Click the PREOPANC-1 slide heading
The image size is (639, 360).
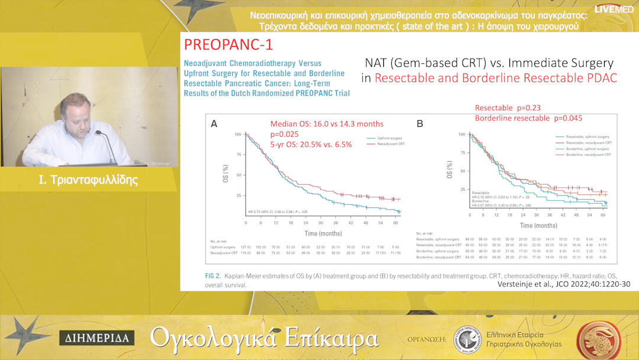pos(228,45)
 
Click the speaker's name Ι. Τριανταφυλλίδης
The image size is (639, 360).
pos(88,180)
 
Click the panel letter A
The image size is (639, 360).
pos(214,124)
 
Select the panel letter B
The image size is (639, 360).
pos(419,124)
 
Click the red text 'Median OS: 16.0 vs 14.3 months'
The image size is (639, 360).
pos(327,124)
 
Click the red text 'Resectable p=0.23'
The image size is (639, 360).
pos(508,108)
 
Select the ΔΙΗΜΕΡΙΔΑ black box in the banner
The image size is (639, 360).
pos(97,338)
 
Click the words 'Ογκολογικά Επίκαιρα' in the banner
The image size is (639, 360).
pos(264,337)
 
